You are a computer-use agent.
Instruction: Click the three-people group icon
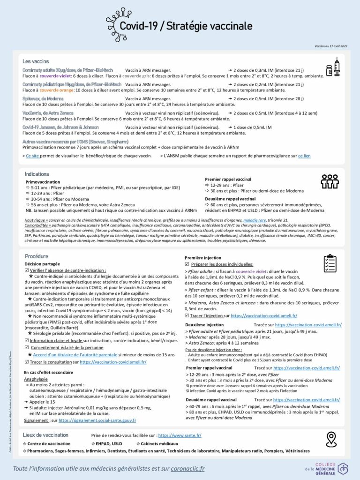click(x=330, y=181)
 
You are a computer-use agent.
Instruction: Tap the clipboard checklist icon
click(x=330, y=263)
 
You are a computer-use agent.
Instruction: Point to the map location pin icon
click(x=331, y=439)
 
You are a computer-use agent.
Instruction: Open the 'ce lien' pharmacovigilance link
click(x=304, y=156)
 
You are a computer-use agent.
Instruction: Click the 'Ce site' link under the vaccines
click(x=32, y=156)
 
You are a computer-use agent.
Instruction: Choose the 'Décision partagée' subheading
click(x=42, y=264)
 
